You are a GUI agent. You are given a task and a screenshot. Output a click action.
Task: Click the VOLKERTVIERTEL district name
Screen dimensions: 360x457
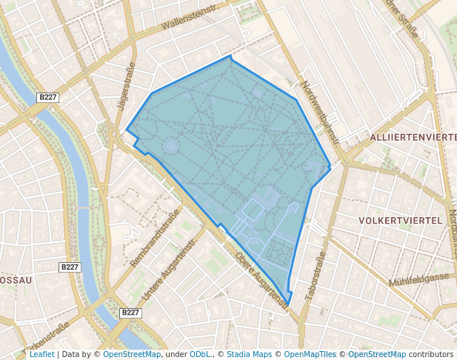click(x=400, y=221)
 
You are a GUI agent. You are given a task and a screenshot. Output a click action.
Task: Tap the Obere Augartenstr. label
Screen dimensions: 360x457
click(x=261, y=280)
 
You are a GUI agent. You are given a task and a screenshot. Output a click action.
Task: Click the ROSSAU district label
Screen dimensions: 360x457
click(x=15, y=281)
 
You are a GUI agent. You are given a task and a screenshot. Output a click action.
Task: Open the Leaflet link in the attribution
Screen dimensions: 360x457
click(x=41, y=354)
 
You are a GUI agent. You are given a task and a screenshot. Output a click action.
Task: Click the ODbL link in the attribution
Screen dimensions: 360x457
click(x=200, y=354)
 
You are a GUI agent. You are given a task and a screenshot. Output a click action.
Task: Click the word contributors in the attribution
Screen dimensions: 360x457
click(x=431, y=354)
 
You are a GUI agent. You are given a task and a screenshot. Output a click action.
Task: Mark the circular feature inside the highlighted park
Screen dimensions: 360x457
click(x=171, y=145)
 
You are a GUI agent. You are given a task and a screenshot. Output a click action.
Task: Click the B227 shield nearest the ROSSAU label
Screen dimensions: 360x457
click(x=70, y=267)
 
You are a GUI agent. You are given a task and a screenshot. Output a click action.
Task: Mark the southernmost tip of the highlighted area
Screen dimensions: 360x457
click(x=287, y=304)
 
